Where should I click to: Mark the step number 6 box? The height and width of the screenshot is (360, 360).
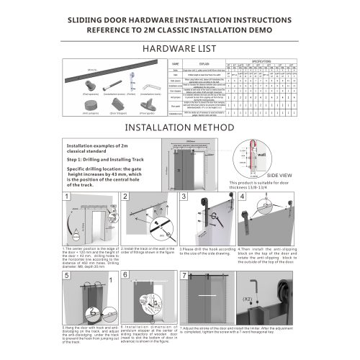pos(125,275)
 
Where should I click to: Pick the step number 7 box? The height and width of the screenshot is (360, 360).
pos(184,275)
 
